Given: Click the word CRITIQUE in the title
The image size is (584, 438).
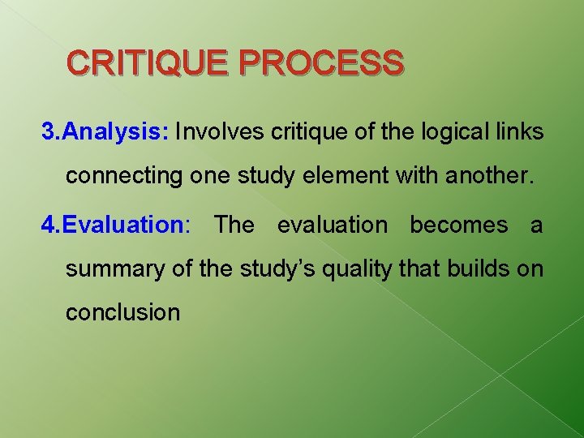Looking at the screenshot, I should click(x=148, y=62).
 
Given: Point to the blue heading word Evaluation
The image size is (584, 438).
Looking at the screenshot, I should click(x=124, y=225).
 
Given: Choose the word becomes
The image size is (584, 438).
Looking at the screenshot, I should click(x=459, y=225).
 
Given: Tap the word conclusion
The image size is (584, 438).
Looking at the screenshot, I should click(x=123, y=312).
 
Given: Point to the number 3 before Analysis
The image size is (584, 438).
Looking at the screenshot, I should click(x=48, y=132).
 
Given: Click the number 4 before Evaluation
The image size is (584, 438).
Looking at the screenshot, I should click(x=48, y=225).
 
